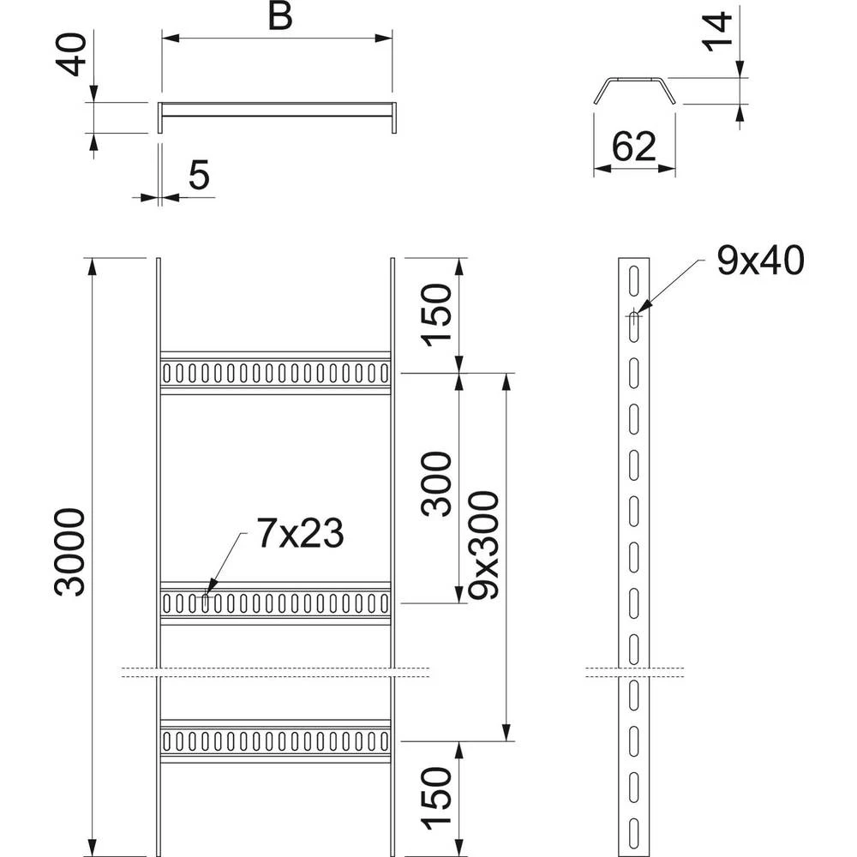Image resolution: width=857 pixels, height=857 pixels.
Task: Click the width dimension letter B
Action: click(x=280, y=16)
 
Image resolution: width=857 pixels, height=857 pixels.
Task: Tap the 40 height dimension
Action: click(x=72, y=55)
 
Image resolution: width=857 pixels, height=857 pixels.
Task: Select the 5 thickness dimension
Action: click(x=199, y=175)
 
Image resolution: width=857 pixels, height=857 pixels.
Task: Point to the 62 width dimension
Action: click(x=633, y=147)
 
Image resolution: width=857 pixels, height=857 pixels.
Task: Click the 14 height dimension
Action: click(x=717, y=32)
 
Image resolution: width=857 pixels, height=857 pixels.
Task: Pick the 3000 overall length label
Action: click(x=70, y=552)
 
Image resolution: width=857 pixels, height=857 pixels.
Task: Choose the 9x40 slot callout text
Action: click(x=760, y=261)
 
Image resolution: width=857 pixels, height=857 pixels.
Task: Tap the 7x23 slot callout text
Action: click(x=300, y=533)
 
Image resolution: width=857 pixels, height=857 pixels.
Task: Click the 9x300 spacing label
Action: click(x=484, y=545)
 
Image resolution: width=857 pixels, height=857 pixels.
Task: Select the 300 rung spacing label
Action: click(x=437, y=484)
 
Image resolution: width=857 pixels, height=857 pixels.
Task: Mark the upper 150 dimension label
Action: click(x=437, y=315)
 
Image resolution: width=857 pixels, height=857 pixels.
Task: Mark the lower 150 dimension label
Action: click(x=437, y=799)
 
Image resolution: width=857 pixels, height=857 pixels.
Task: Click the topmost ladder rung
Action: click(x=275, y=373)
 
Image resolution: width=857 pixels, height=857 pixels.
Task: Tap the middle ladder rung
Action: click(x=275, y=603)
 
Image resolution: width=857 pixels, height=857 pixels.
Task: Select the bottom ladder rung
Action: click(x=275, y=741)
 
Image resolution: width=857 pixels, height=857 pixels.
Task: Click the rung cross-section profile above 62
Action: click(x=634, y=91)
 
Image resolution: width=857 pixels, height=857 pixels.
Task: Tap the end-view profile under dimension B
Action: click(x=277, y=117)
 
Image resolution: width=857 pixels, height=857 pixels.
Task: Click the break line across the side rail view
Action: click(x=634, y=672)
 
